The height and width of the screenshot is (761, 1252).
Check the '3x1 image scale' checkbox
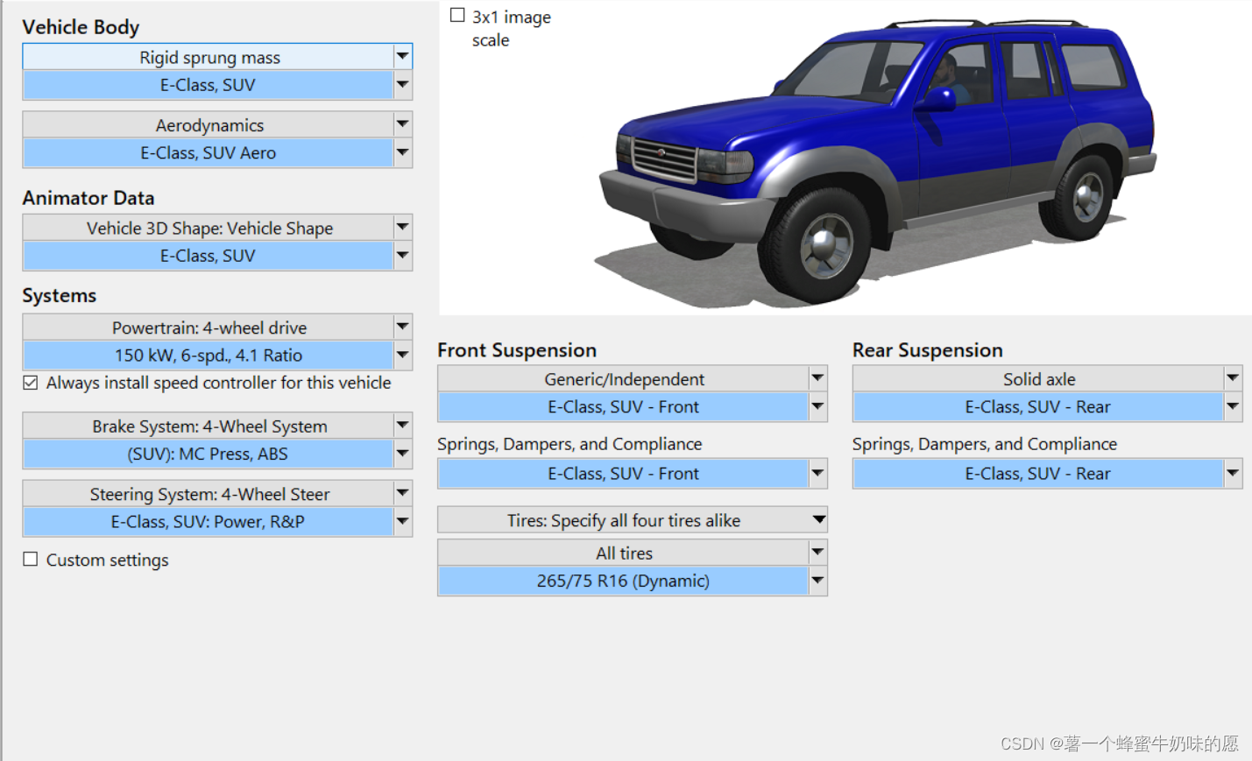point(457,15)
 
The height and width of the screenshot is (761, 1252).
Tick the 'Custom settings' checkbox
point(31,560)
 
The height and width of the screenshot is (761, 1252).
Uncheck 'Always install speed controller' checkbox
point(31,383)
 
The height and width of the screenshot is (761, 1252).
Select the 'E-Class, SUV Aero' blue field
point(208,152)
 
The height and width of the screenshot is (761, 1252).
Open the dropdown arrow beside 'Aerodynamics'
point(402,124)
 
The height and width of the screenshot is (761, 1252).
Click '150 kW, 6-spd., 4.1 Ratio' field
point(208,355)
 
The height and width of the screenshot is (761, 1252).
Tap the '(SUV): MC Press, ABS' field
point(208,454)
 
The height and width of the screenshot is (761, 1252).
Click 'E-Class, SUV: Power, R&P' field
point(208,521)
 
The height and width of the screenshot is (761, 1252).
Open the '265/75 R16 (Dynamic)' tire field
point(623,581)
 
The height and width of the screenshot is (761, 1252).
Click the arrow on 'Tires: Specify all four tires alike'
point(818,519)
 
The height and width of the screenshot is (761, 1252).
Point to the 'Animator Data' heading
point(88,198)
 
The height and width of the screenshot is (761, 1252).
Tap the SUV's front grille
point(664,159)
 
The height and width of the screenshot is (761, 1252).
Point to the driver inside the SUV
point(949,78)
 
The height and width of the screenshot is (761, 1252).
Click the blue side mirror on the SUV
point(936,100)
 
